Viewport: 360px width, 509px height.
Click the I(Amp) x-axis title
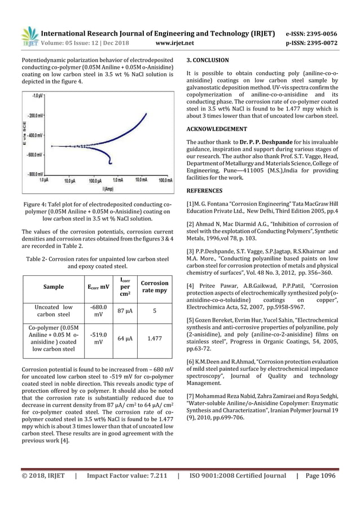point(100,187)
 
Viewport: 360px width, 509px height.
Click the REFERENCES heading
point(204,191)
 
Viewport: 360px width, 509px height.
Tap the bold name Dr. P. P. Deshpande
point(248,141)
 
